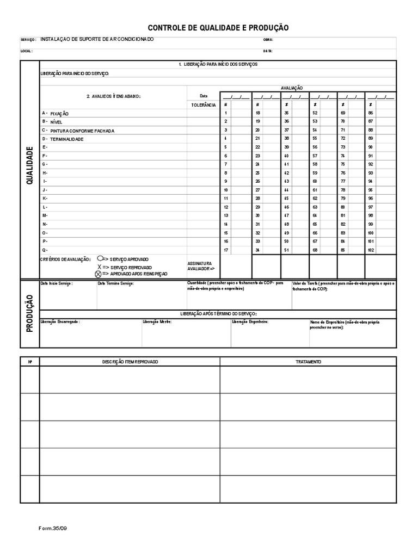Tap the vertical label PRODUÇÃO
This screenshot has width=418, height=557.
[x=30, y=313]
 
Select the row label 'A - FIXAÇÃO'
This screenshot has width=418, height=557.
[x=56, y=114]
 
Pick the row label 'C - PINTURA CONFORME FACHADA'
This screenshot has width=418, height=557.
[x=78, y=131]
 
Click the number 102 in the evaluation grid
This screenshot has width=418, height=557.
[x=371, y=250]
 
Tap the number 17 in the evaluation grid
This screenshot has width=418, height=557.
[x=225, y=250]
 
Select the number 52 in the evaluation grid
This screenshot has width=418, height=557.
[x=314, y=113]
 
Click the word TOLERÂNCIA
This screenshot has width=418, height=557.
[x=204, y=104]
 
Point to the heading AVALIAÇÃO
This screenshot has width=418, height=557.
[x=292, y=88]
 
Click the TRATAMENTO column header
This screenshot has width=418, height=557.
[x=308, y=362]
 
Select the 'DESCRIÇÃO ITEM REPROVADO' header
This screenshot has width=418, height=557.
[x=130, y=362]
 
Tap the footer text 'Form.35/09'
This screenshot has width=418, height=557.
[x=53, y=528]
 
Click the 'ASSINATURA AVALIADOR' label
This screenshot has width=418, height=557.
[x=201, y=266]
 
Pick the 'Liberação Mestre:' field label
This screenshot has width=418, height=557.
[x=157, y=322]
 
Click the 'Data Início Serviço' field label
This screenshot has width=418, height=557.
[x=57, y=284]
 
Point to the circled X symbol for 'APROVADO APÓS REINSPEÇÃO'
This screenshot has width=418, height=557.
[x=98, y=274]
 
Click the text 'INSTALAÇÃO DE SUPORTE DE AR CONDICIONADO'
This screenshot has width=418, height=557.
[x=97, y=39]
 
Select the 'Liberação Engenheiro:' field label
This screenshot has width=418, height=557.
[x=250, y=322]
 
